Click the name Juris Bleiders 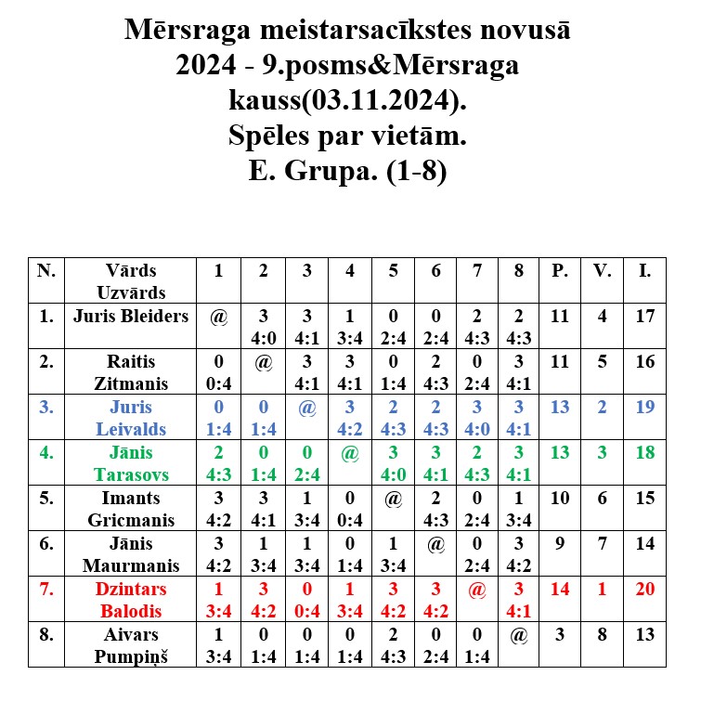tap(131, 317)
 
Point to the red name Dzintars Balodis tap(131, 600)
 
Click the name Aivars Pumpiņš tap(131, 645)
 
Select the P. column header tap(560, 271)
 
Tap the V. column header tap(604, 271)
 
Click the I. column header tap(645, 271)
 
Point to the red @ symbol tap(477, 589)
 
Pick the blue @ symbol tap(307, 407)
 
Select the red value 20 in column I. tap(645, 589)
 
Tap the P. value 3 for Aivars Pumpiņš tap(560, 635)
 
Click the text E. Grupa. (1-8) tap(348, 172)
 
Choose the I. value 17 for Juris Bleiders tap(645, 316)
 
